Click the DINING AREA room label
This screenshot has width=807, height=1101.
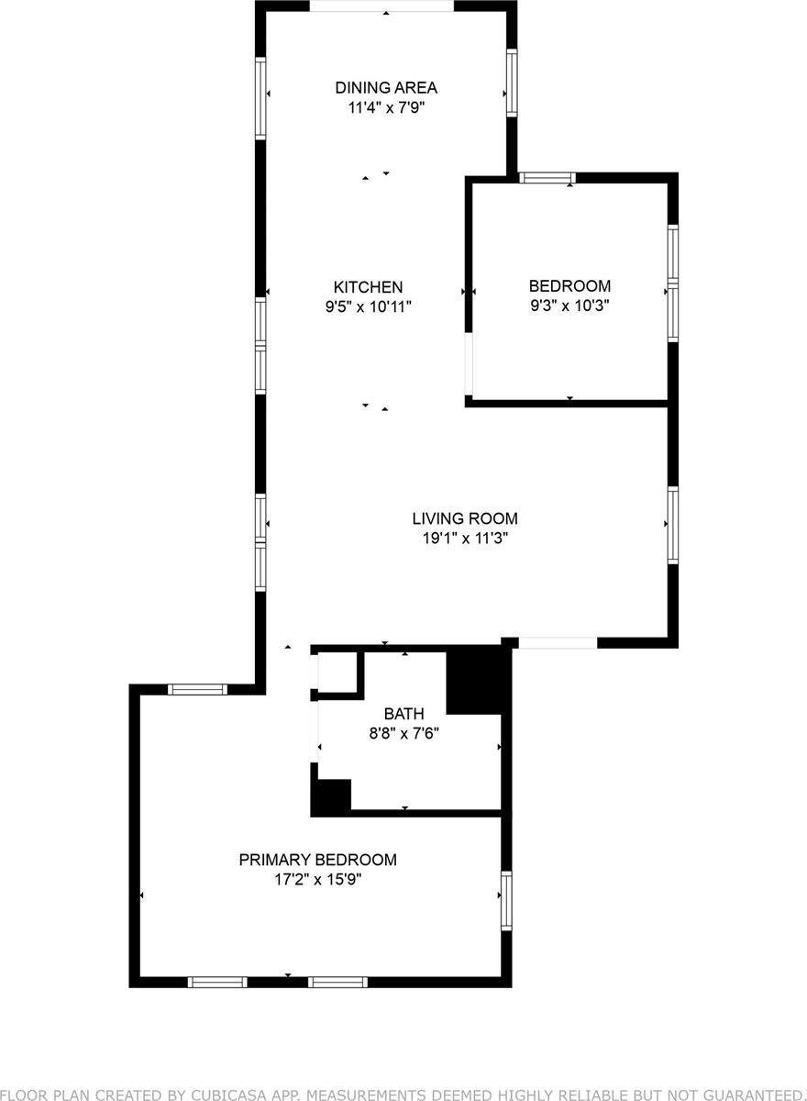385,88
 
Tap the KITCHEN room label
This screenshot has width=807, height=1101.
368,287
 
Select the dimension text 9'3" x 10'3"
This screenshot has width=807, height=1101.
569,306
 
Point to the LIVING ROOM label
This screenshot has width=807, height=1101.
465,518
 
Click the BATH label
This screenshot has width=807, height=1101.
403,713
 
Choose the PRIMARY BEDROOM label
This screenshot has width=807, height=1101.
317,860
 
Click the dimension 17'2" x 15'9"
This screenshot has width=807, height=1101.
317,880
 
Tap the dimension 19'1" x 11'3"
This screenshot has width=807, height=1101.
465,539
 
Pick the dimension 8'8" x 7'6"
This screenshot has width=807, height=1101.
403,732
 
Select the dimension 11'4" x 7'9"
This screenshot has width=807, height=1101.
385,107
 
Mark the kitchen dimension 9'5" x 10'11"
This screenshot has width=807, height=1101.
369,307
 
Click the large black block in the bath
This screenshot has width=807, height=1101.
475,681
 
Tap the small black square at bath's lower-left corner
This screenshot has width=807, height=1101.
331,795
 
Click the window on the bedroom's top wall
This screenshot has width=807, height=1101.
547,178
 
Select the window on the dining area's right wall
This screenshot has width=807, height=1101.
512,83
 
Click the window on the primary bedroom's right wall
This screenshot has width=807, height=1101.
505,901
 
